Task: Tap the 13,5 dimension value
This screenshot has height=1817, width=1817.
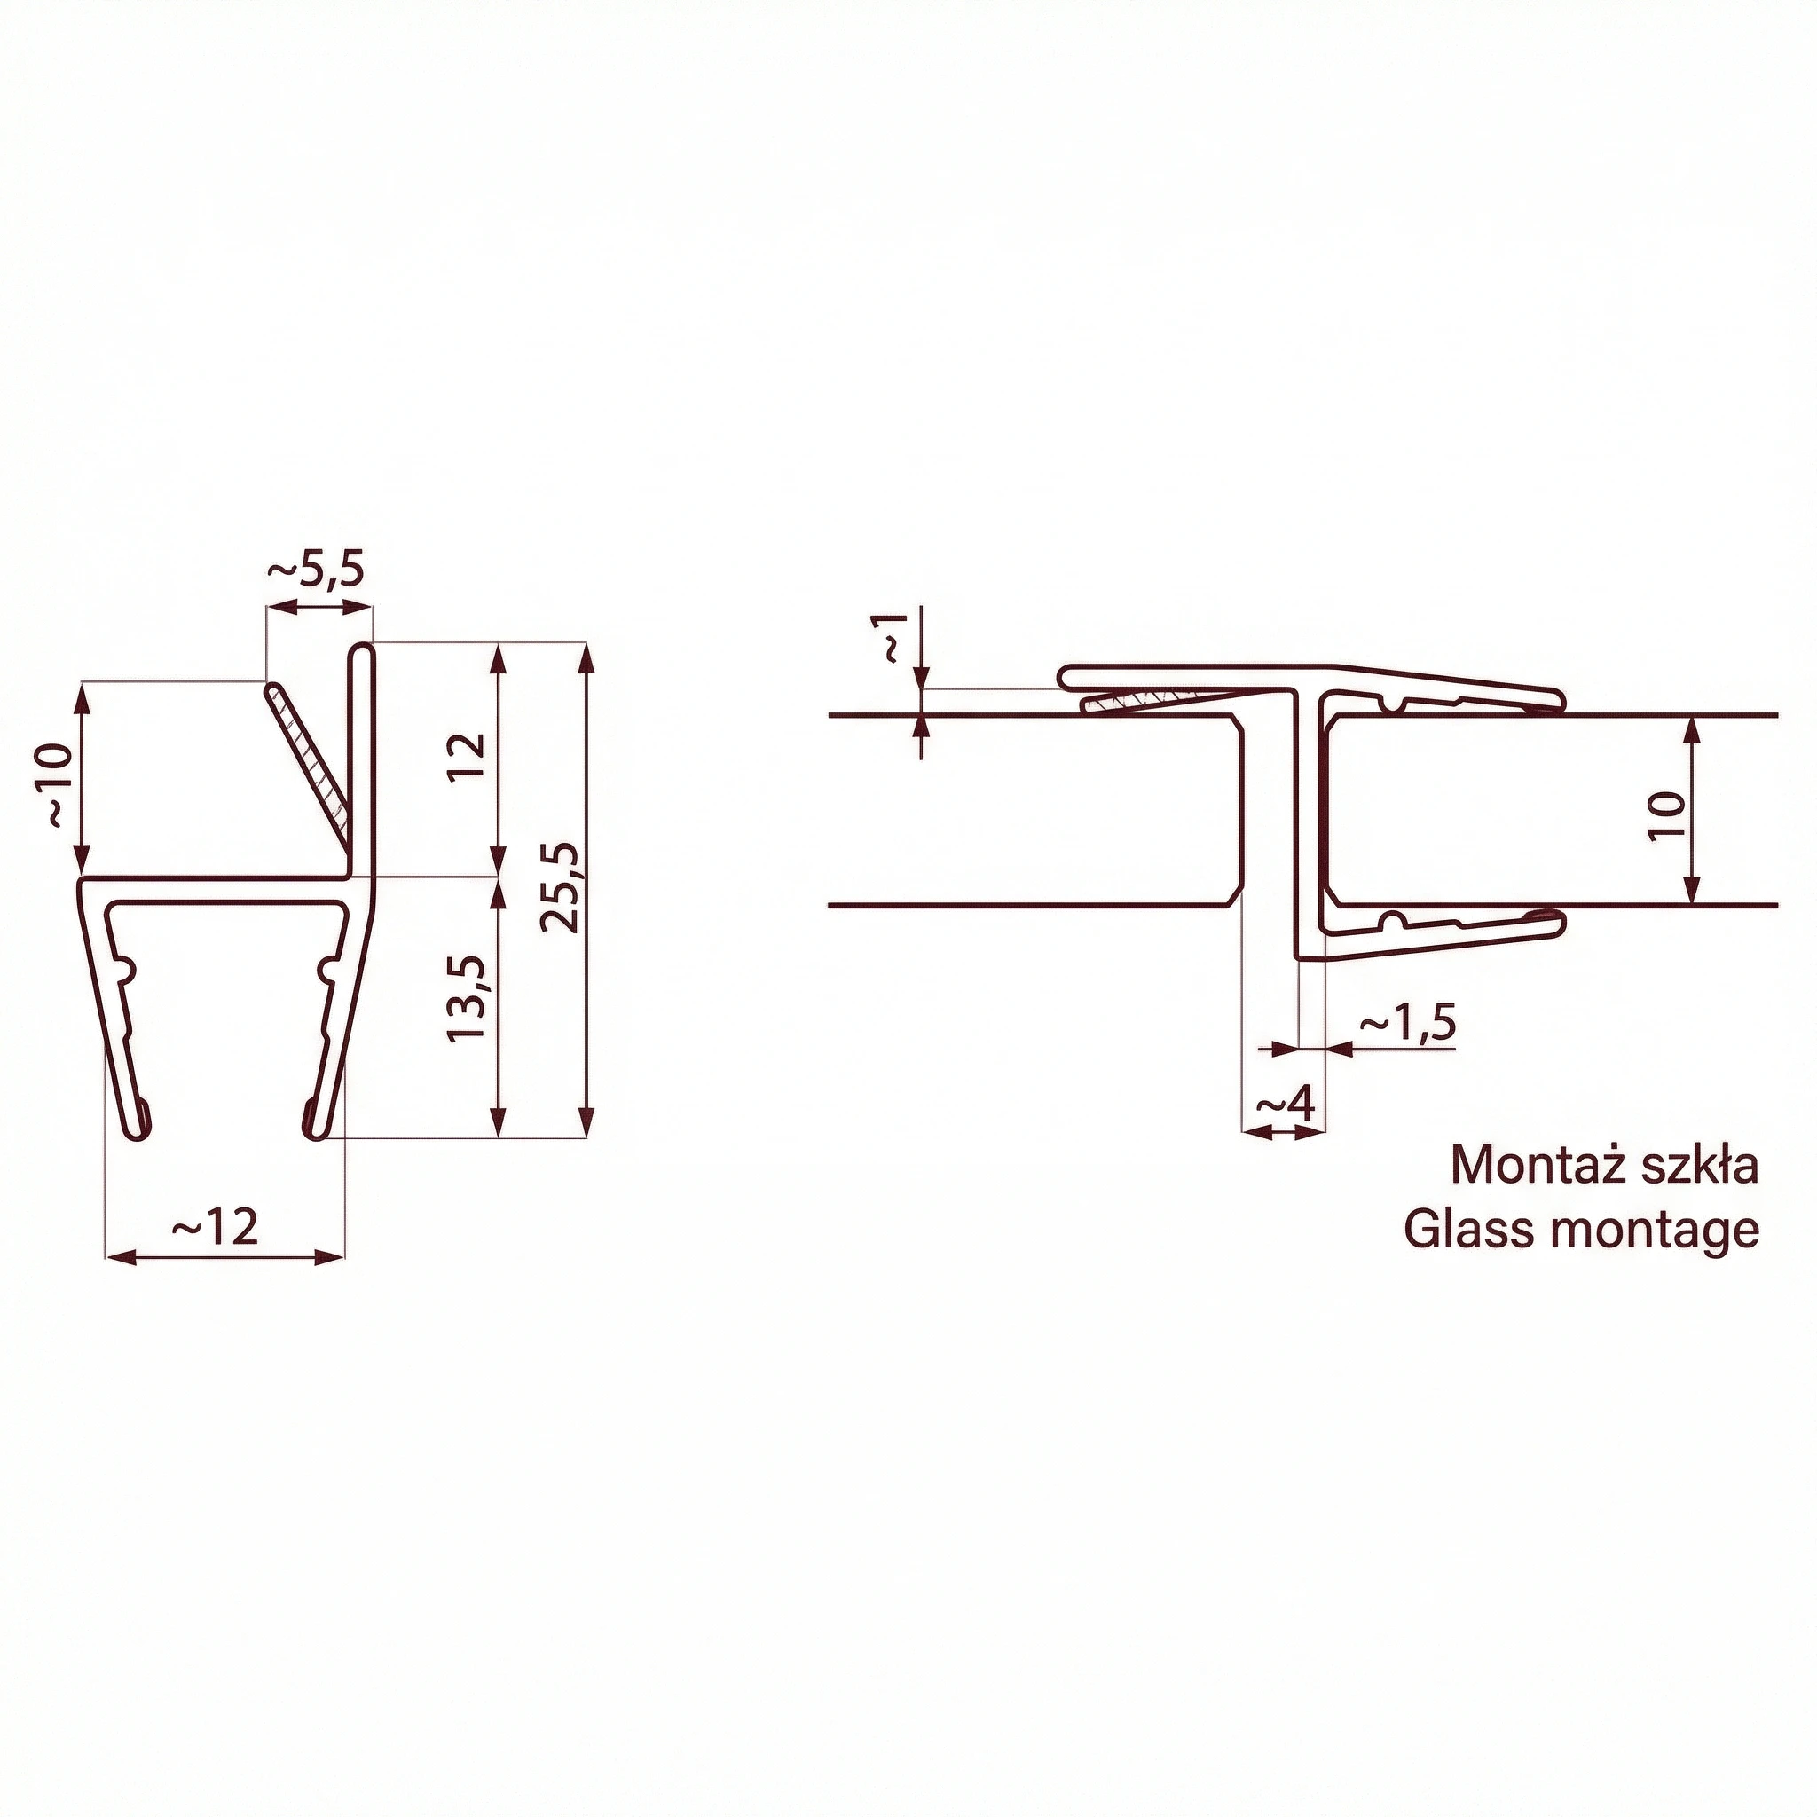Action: (x=468, y=998)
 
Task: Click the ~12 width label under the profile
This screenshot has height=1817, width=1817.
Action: (x=216, y=1226)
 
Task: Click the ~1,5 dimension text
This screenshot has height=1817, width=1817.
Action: (x=1408, y=1022)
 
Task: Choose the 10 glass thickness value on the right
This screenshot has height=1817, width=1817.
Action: (x=1666, y=814)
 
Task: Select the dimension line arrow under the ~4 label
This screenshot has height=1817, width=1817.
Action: (x=1284, y=1132)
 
